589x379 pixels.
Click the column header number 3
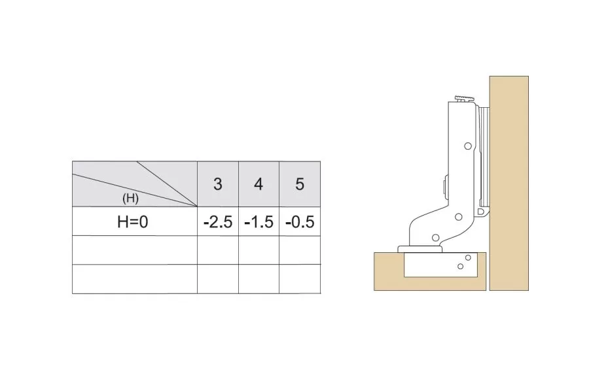[x=218, y=184]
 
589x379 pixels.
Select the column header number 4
[x=259, y=184]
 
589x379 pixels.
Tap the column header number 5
[x=299, y=184]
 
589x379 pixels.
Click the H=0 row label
[x=133, y=222]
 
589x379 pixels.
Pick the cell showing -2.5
[x=218, y=222]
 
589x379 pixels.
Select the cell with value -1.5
[x=259, y=222]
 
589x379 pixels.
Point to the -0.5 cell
[x=299, y=222]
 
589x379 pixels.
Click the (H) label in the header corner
[x=130, y=198]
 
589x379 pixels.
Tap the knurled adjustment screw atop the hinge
[x=465, y=99]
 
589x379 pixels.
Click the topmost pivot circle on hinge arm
[x=468, y=146]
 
